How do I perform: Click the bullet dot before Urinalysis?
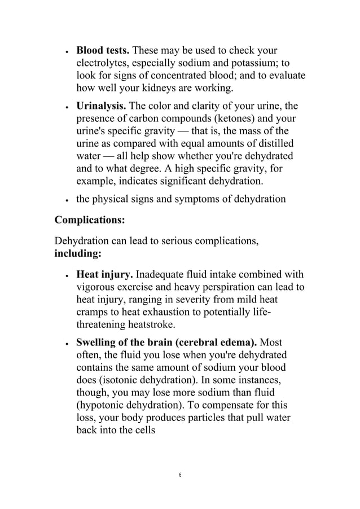coord(67,107)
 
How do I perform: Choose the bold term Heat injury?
coord(104,275)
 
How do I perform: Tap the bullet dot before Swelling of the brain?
coord(67,343)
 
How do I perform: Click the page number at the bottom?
coord(179,475)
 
